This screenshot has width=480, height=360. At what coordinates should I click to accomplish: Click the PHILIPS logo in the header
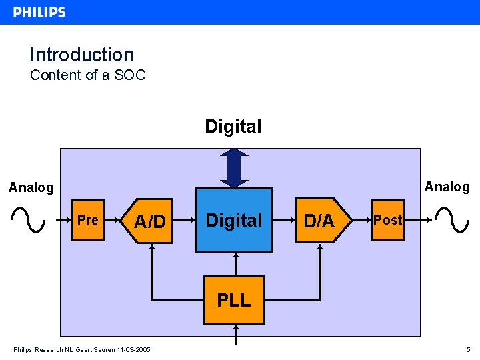tap(39, 12)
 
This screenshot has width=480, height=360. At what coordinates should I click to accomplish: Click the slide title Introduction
tap(82, 55)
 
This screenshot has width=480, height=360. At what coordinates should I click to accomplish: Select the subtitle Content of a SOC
tap(87, 75)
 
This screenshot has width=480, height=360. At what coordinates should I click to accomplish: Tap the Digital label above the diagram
tap(233, 126)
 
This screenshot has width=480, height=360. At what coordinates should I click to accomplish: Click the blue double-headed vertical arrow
tap(233, 168)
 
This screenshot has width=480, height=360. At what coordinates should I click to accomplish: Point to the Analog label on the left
tap(31, 187)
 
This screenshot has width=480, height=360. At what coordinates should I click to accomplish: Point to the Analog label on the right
tap(447, 187)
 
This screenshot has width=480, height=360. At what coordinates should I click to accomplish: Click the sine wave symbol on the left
tap(28, 219)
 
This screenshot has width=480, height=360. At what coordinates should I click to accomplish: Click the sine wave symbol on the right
tap(451, 219)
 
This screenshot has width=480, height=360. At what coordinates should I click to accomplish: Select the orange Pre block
tap(88, 220)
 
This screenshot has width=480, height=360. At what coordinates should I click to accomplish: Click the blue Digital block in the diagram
tap(234, 220)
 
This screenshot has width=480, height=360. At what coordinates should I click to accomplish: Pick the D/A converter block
tap(319, 221)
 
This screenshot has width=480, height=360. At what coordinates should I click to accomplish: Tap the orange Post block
tap(387, 220)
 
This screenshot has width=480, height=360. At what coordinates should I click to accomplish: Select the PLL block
tap(234, 300)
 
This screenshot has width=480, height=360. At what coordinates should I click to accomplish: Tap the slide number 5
tap(469, 350)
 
